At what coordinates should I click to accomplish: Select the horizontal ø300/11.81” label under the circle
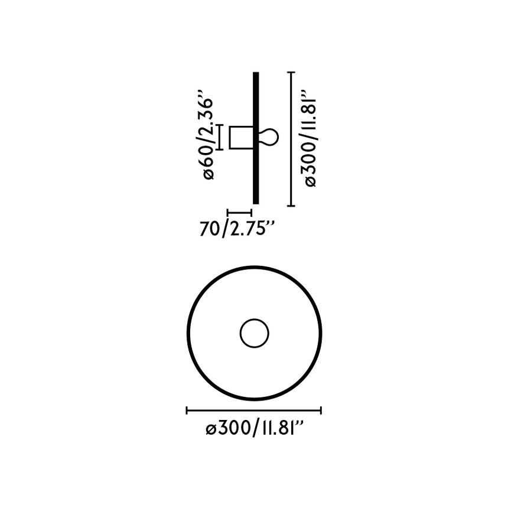(255, 429)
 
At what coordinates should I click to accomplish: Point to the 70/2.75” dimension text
(237, 228)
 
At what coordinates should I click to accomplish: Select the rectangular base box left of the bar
(241, 138)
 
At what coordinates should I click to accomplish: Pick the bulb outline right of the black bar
(268, 138)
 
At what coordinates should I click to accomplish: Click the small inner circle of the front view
(255, 333)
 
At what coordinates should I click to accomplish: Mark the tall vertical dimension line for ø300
(291, 139)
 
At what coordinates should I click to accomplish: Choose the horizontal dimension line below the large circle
(254, 410)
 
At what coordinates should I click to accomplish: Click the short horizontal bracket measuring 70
(240, 212)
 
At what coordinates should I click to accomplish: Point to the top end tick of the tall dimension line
(291, 72)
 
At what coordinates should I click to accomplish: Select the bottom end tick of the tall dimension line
(291, 206)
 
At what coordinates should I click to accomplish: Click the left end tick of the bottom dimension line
(187, 410)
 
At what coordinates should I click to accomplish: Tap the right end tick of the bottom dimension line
(321, 410)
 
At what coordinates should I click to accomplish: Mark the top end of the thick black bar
(256, 74)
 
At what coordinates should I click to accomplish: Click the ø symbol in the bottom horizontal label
(210, 430)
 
